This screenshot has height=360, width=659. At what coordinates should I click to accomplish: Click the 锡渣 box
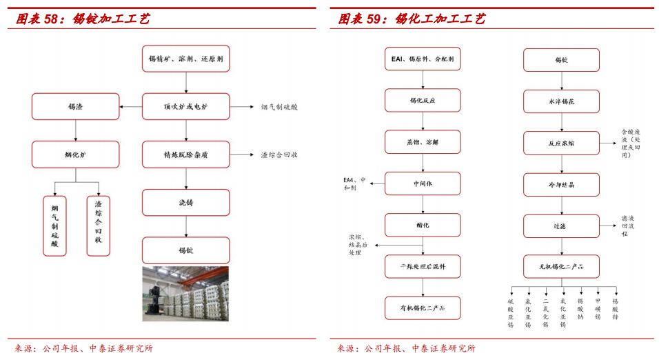[x=75, y=106]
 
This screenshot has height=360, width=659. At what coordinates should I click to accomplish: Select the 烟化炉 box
[x=75, y=154]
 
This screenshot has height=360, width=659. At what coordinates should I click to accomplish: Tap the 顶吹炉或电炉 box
[x=185, y=106]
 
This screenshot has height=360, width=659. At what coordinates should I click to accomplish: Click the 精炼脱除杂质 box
[x=185, y=154]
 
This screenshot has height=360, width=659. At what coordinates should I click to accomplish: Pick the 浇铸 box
[x=185, y=203]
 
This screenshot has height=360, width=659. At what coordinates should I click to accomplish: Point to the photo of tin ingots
[x=185, y=294]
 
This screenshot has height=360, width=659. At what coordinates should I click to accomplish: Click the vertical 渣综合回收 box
[x=98, y=226]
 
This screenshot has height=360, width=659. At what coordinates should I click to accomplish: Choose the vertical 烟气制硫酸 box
[x=54, y=226]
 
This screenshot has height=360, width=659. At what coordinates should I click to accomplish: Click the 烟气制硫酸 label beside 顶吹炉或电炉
[x=279, y=107]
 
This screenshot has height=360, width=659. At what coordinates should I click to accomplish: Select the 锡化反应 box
[x=422, y=100]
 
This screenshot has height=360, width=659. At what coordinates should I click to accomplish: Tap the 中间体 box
[x=422, y=183]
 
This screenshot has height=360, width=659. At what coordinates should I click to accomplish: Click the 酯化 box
[x=422, y=225]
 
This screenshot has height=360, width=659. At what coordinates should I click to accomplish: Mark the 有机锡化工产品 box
[x=422, y=308]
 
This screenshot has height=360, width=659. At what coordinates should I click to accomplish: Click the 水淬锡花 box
[x=561, y=101]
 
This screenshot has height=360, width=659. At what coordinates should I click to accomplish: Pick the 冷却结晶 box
[x=561, y=184]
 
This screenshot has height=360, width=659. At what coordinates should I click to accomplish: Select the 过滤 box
[x=561, y=226]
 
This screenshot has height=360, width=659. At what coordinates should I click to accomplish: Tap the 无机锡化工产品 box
[x=561, y=266]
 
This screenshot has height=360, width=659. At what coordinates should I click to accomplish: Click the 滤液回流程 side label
[x=628, y=226]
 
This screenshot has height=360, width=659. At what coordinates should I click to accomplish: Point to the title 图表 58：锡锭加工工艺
[x=83, y=19]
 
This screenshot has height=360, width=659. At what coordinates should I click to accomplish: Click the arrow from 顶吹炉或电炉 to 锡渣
[x=130, y=107]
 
